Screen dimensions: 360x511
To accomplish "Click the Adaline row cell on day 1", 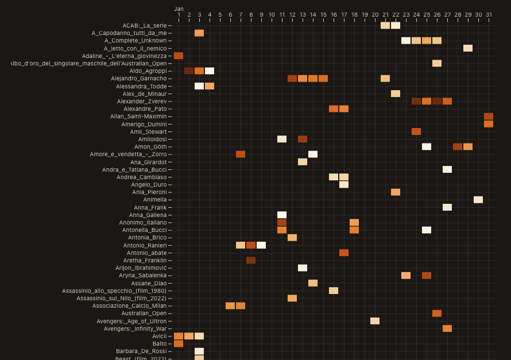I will (x=179, y=56).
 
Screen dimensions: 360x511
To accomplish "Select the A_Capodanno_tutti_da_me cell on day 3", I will (x=199, y=33).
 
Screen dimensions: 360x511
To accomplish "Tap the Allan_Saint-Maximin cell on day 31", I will (x=489, y=117).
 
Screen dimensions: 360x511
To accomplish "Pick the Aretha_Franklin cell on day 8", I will (x=251, y=260).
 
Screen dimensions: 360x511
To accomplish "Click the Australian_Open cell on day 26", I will (x=437, y=313).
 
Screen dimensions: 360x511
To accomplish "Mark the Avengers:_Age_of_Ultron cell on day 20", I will (x=375, y=321).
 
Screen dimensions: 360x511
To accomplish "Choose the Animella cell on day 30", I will (x=478, y=200).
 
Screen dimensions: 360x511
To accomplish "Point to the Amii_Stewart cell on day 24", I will (x=416, y=131).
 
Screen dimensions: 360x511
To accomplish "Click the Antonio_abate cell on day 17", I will (x=344, y=253).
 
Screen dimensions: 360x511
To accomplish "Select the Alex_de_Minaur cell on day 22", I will (x=396, y=94).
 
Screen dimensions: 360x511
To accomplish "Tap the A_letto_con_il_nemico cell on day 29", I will (x=468, y=48).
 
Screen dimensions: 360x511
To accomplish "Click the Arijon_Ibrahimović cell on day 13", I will (x=303, y=268).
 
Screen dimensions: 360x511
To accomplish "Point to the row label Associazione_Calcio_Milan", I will (x=129, y=306).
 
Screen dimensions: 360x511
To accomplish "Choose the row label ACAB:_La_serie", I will (x=145, y=25).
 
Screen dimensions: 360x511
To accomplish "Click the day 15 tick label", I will (x=323, y=14).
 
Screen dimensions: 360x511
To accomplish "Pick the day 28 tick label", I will (x=458, y=14).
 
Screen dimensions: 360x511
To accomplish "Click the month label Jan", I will (x=179, y=9).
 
